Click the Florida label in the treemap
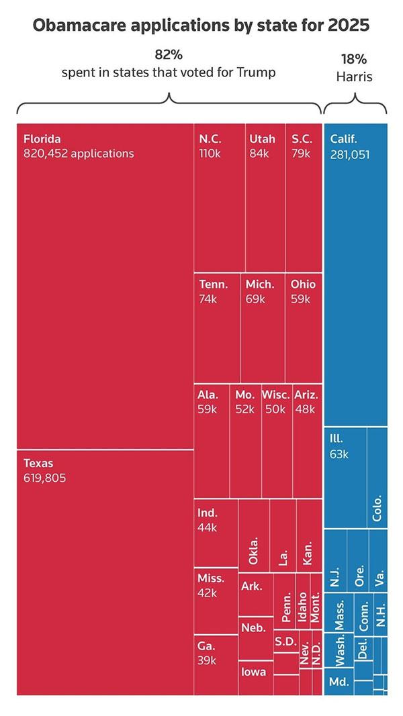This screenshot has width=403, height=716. [x=42, y=140]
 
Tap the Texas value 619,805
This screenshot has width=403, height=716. [x=44, y=478]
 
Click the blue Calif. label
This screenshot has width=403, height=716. [x=344, y=140]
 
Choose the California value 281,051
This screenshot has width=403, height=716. [x=350, y=154]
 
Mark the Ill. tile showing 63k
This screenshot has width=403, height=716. [x=345, y=476]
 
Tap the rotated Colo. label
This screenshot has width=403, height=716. [x=377, y=509]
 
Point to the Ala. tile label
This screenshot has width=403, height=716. [x=208, y=394]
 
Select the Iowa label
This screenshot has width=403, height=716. [x=254, y=672]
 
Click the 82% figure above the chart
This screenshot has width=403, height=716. [x=168, y=55]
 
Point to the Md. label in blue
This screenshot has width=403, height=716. [x=339, y=682]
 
